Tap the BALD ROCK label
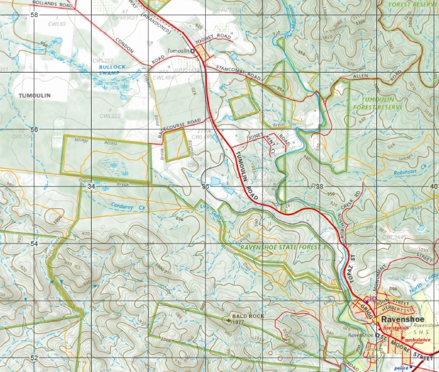[x=248, y=317]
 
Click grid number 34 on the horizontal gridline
[x=90, y=187]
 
